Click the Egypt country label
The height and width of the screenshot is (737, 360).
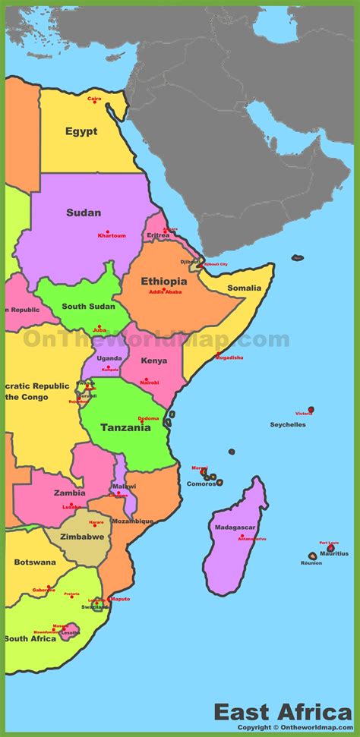coord(81,131)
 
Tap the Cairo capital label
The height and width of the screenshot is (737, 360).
coord(94,98)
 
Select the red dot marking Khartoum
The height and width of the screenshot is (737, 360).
coord(107,231)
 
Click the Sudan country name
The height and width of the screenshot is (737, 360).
coord(84,213)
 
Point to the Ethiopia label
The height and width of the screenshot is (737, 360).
coord(164,281)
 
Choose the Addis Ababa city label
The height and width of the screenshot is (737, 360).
coord(166,291)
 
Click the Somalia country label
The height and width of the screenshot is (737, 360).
coord(244,288)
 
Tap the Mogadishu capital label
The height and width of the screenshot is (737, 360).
coord(229,357)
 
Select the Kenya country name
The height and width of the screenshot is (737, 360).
coord(154,361)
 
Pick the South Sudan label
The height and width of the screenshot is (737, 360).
coord(89,307)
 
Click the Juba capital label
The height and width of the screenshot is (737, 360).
coord(99,330)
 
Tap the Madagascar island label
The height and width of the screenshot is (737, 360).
coord(235,528)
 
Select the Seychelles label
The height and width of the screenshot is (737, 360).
coord(288,424)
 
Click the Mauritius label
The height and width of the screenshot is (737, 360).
coord(334,553)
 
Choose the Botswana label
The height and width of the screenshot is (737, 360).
coord(35,562)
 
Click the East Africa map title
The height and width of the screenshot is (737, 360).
coord(282,713)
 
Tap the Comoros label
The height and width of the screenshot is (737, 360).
coord(202,483)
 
